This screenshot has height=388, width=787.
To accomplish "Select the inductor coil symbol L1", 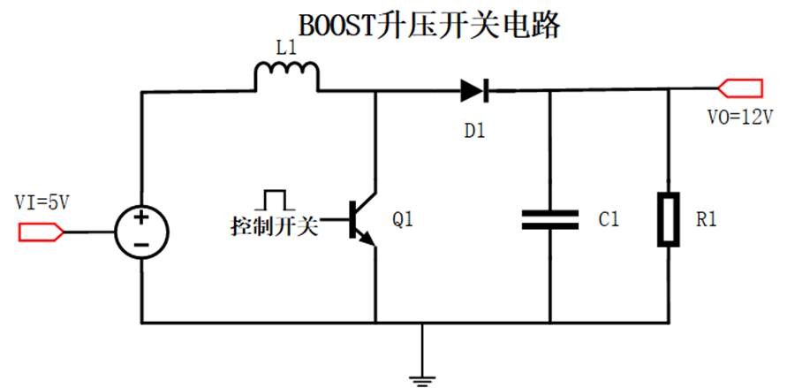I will point(286,77).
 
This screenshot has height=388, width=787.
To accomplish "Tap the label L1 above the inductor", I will point(286,50).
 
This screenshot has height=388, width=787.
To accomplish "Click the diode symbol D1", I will point(473,88).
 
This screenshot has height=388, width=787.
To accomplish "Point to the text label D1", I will point(474,129).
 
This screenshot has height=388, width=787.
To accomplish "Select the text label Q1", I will point(403,220).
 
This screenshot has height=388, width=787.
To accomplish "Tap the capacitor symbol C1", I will point(549,219).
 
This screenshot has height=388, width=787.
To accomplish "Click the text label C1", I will point(608,220).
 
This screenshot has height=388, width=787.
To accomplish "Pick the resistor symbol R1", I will point(667,219).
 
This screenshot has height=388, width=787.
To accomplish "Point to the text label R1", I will point(706,220).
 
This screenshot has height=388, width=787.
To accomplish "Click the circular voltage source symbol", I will point(141,232).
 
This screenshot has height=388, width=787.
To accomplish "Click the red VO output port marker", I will point(740,87).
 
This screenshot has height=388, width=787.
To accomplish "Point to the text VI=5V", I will point(42,202).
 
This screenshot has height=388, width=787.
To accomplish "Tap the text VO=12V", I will point(740,118).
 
